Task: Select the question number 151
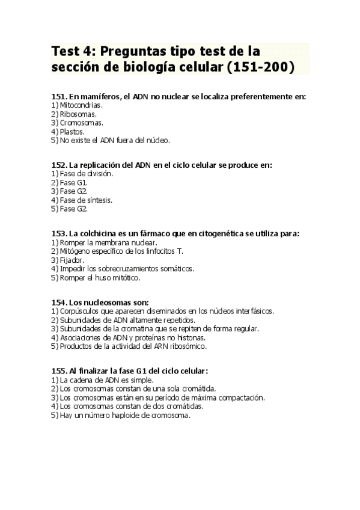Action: point(59,96)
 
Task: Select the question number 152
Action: point(59,165)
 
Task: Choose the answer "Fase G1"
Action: point(74,182)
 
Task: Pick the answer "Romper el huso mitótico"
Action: point(100,277)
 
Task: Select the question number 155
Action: point(59,371)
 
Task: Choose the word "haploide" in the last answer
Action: point(121,415)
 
